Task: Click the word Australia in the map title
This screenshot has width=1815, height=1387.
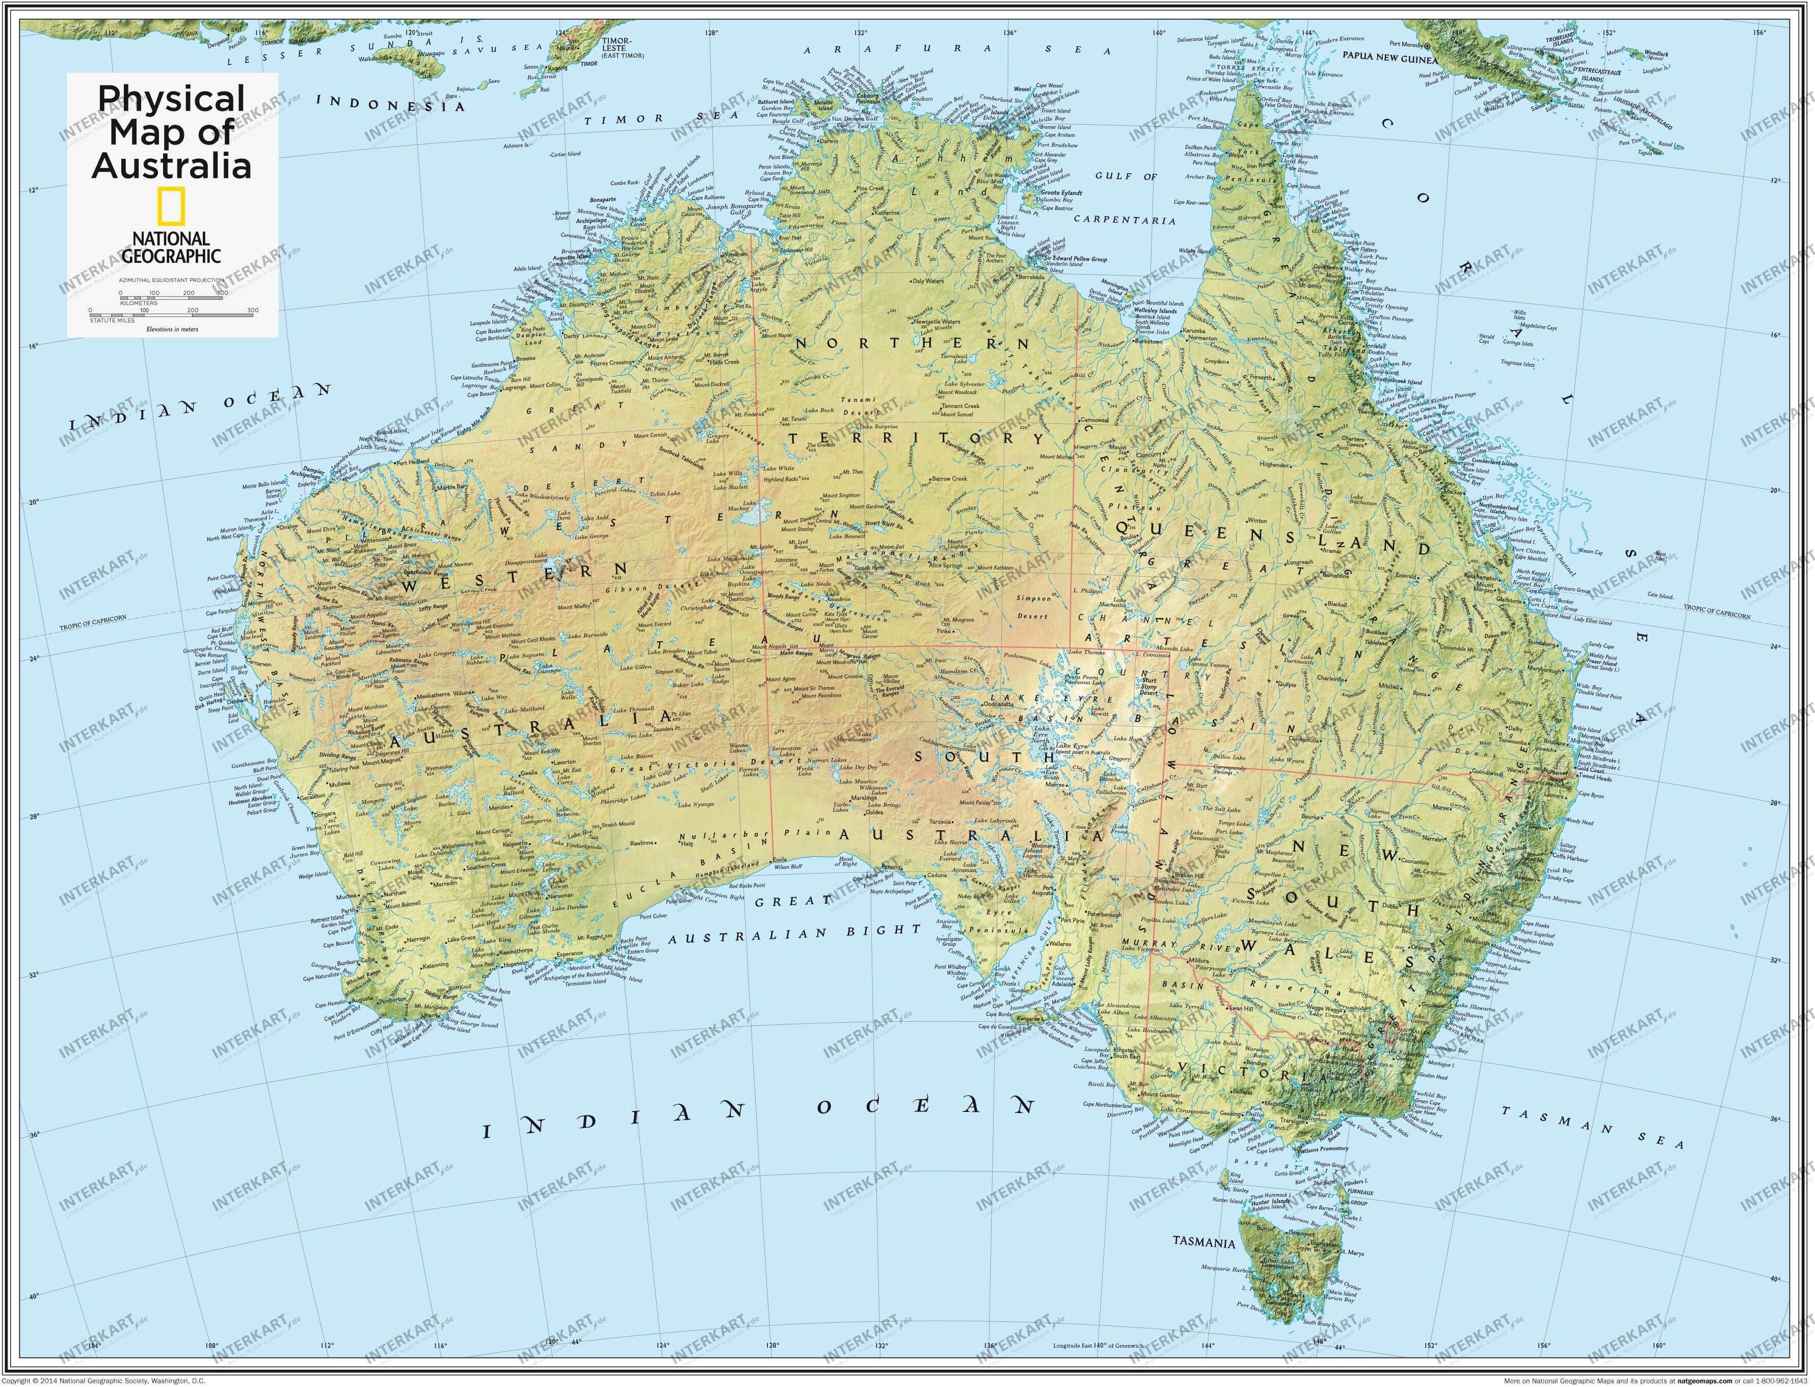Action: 172,165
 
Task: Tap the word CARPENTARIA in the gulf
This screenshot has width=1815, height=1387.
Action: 1124,221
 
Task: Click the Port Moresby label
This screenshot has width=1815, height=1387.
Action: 1406,44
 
